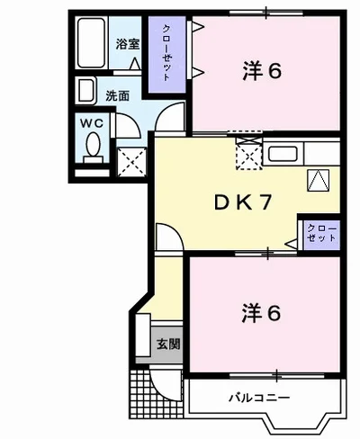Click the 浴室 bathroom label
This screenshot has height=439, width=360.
126,42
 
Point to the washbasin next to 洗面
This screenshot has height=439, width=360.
86,91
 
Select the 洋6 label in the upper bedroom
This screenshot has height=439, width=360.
262,71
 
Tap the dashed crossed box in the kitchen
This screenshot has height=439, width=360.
248,156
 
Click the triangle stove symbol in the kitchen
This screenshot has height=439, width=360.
317,179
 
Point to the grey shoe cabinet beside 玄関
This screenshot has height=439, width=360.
143,338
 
